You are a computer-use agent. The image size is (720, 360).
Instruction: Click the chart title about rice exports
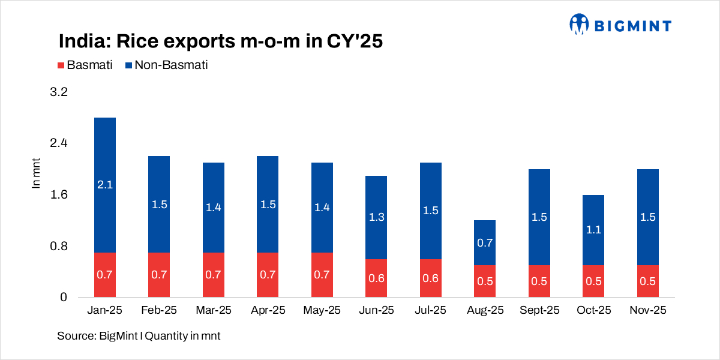(220, 41)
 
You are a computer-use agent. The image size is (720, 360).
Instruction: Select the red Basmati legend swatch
(61, 65)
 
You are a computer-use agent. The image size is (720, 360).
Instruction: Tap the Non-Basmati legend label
(171, 65)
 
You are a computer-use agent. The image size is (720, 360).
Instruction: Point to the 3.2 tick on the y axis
(60, 92)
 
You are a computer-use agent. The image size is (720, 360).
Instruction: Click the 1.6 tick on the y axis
(60, 195)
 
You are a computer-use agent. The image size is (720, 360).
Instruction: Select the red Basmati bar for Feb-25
(159, 275)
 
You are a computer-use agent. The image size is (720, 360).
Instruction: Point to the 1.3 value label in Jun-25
(376, 217)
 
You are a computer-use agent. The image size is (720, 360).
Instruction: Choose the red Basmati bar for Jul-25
(431, 278)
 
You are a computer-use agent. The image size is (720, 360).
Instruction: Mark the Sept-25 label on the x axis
(539, 310)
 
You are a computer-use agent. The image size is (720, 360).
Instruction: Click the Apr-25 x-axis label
(268, 310)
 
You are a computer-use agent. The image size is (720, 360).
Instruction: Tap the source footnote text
(139, 336)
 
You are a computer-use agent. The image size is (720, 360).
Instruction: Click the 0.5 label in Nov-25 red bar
(647, 281)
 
